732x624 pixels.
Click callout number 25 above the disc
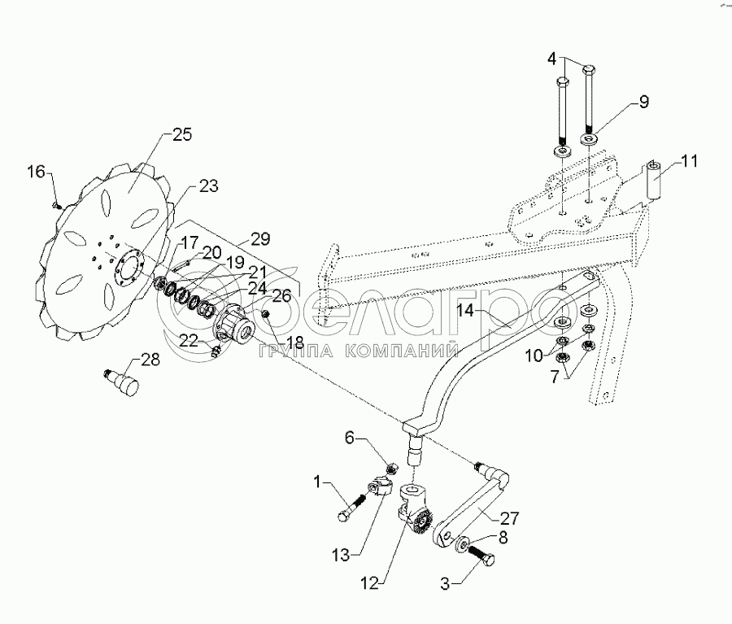[x=181, y=136]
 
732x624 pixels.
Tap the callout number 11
[x=690, y=161]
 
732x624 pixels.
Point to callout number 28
[x=150, y=360]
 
